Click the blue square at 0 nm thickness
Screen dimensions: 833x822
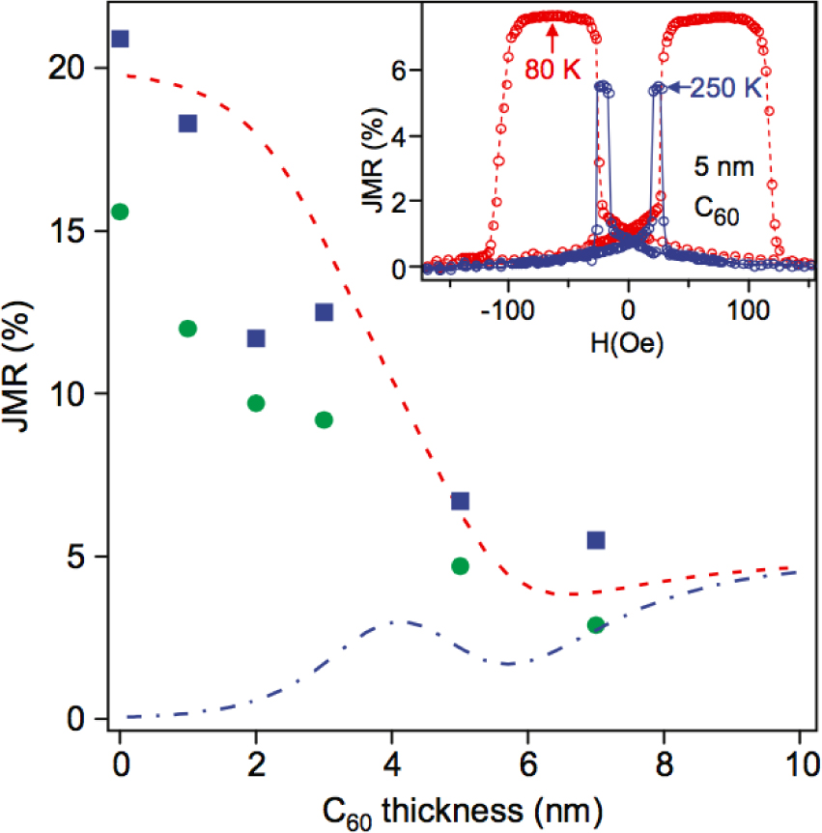tap(120, 39)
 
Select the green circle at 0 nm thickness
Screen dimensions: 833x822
tap(120, 212)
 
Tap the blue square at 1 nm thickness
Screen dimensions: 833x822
tap(187, 123)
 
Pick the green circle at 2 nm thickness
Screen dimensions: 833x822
tap(256, 403)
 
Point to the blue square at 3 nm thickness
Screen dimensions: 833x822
tap(324, 312)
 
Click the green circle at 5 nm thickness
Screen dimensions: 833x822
tap(460, 565)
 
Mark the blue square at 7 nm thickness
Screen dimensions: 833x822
tap(596, 539)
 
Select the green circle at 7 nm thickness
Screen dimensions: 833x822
tap(596, 625)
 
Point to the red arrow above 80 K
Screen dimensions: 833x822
tap(553, 37)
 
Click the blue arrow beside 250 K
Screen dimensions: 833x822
tap(678, 88)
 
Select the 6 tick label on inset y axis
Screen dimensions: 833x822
tap(410, 70)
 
